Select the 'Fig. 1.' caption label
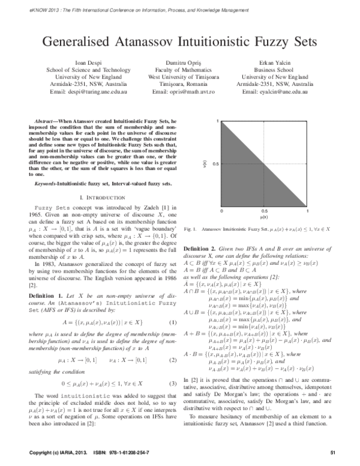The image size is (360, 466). (190, 229)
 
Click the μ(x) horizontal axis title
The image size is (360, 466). (264, 219)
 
